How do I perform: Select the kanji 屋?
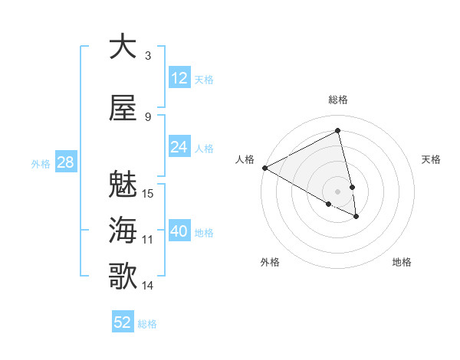pos(123,108)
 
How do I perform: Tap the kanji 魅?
pos(123,185)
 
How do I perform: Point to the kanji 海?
pos(123,231)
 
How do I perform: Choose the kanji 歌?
pos(123,277)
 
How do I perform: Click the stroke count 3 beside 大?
pos(148,56)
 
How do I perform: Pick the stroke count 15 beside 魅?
pos(149,193)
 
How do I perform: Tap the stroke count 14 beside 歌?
pos(149,286)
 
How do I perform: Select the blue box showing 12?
pos(179,78)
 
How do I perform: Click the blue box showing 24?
pos(179,147)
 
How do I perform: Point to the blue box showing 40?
pos(179,231)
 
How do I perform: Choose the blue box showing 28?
pos(65,162)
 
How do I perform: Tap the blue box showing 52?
pos(123,322)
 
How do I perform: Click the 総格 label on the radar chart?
pos(338,100)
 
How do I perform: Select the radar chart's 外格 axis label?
pos(270,262)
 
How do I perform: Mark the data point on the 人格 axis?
pos(264,168)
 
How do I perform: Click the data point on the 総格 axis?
pos(338,131)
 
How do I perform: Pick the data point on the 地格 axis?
pos(356,217)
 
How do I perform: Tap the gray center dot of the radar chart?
pos(338,191)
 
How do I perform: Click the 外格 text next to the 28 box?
pos(41,163)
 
